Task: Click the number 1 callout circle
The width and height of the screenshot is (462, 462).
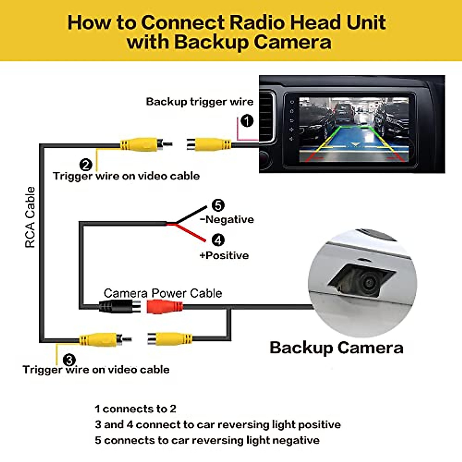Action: click(x=247, y=121)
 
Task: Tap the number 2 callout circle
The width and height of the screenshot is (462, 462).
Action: click(x=85, y=165)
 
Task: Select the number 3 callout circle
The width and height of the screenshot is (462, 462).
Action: click(x=69, y=360)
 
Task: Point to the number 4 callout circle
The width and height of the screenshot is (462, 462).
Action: click(x=218, y=240)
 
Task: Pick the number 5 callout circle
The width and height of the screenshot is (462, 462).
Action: click(x=218, y=205)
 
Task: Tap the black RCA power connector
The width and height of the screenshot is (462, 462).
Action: click(x=120, y=307)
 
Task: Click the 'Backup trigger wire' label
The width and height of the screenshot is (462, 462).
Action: click(x=199, y=102)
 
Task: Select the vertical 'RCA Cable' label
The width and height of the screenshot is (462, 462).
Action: click(x=30, y=217)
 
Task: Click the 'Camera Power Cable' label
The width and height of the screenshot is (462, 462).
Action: click(x=163, y=293)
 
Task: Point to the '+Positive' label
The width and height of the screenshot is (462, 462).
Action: click(x=224, y=255)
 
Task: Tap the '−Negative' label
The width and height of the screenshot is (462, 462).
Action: click(x=227, y=219)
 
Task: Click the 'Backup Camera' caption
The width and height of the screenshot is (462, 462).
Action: click(x=336, y=348)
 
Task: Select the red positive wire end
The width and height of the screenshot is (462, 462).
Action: click(x=200, y=239)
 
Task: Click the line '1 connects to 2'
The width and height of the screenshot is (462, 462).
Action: click(x=135, y=409)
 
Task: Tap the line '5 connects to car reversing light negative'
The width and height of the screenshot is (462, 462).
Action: click(x=207, y=440)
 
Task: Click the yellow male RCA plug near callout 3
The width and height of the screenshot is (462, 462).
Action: click(x=101, y=340)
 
